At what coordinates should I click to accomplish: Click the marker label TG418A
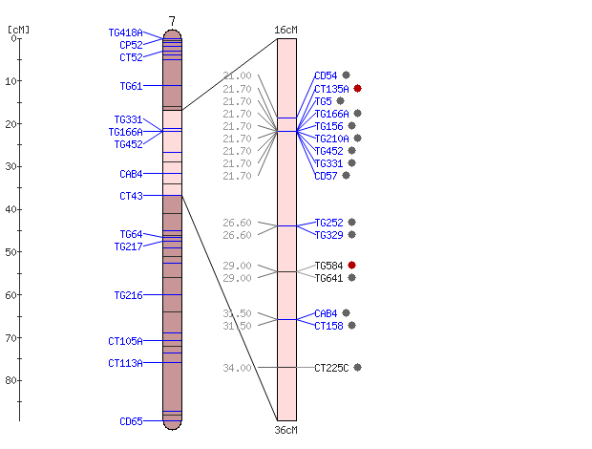126,32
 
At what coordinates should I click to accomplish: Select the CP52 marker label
132,45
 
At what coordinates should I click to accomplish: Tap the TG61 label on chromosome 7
132,87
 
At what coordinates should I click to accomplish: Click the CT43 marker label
132,197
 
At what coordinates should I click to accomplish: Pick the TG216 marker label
128,295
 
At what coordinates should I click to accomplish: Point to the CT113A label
126,363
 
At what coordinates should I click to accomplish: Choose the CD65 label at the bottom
132,421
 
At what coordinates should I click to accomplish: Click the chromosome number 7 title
172,21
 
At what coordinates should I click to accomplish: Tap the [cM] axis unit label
18,30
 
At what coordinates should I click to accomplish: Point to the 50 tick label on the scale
11,252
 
